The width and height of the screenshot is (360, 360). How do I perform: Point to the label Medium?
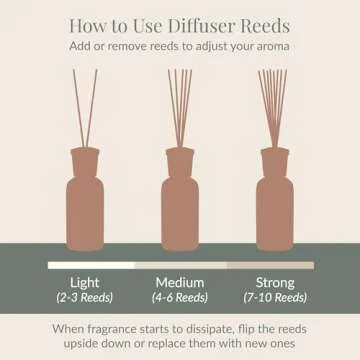[180, 281]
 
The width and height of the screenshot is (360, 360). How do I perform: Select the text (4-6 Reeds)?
[180, 297]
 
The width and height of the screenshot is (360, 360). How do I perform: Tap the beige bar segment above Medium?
[180, 265]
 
